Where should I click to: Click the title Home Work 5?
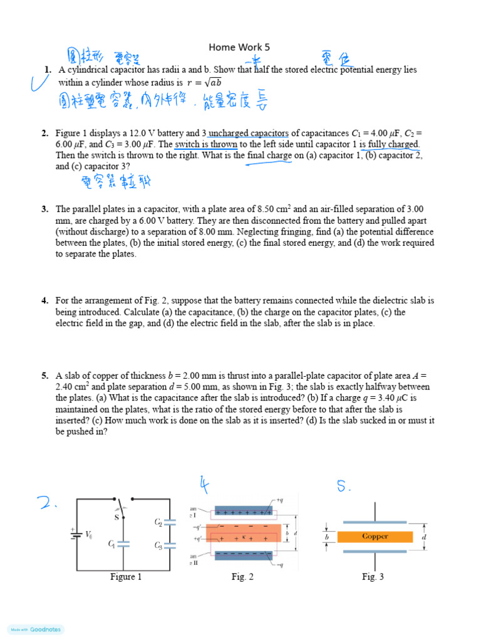(x=239, y=47)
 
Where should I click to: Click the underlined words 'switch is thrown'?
(x=206, y=144)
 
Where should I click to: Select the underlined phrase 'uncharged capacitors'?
(x=249, y=133)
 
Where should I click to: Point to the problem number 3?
(x=45, y=209)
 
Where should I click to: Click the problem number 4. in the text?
(x=45, y=300)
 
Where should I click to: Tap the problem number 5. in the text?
(x=45, y=376)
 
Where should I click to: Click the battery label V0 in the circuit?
(x=89, y=534)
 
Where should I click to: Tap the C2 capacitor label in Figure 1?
(x=158, y=522)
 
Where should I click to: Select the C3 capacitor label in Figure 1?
(x=158, y=545)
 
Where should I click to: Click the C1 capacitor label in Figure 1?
(x=111, y=544)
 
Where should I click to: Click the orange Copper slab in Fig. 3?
(x=375, y=537)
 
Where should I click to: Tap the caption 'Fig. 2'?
(x=242, y=577)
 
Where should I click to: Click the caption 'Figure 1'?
(x=126, y=577)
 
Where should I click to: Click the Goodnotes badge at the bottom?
(x=36, y=629)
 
